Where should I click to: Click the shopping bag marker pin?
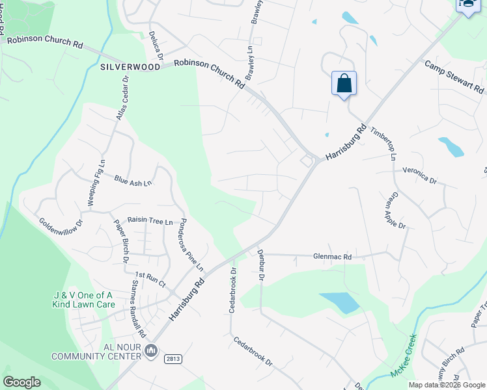pos(344,84)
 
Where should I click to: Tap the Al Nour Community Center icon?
pos(151,351)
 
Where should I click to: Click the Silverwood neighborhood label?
pos(130,67)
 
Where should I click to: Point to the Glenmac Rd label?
pos(332,257)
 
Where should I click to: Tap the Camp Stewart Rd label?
pos(454,77)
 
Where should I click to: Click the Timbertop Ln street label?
pos(383,143)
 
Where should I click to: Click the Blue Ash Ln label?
pos(133,181)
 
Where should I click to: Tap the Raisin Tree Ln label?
pos(150,222)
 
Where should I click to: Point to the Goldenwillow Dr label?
pos(61,222)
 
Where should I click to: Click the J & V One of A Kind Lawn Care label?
pos(83,300)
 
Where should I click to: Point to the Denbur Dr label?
pos(260,267)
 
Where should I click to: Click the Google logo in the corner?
pos(22,382)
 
